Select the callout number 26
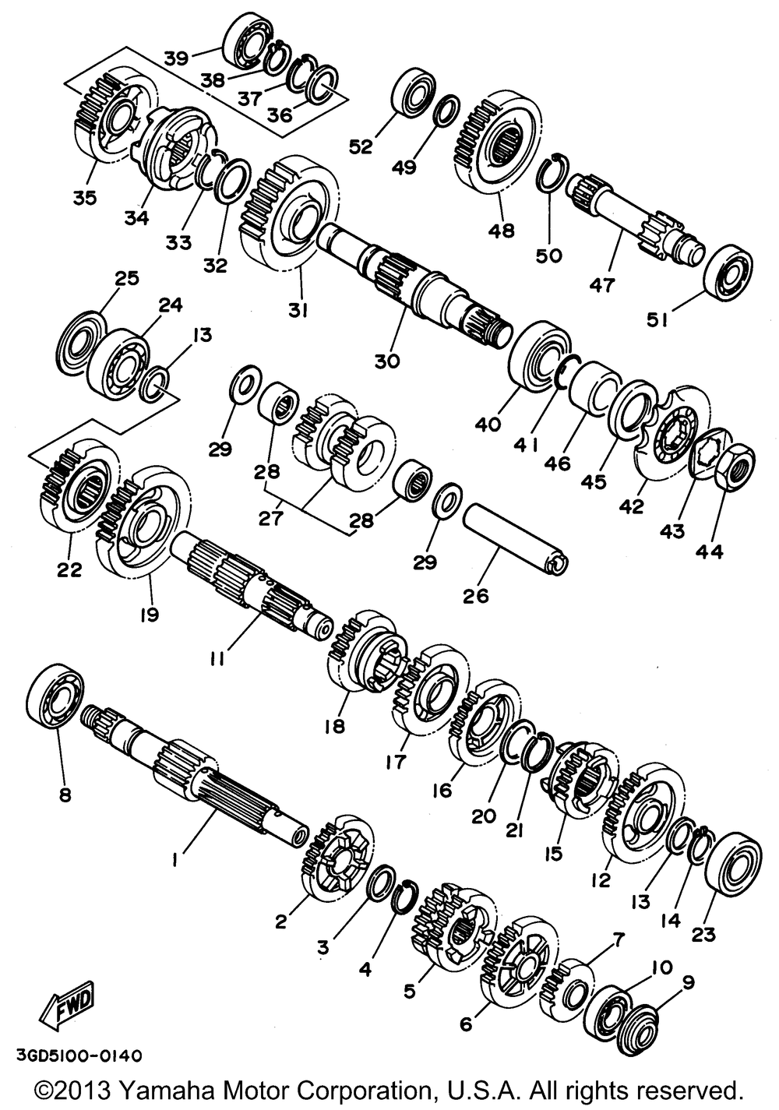coord(476,596)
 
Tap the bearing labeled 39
coord(248,41)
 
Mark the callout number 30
coord(387,360)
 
